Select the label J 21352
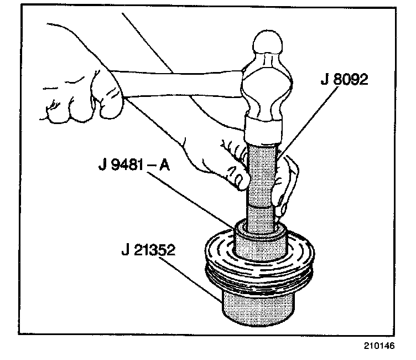click(x=149, y=251)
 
